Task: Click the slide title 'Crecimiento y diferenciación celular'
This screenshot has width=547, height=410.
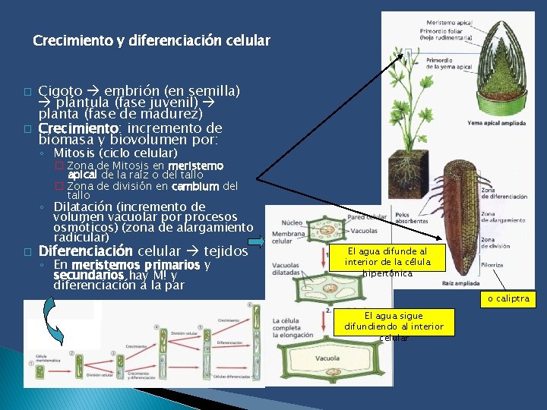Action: [152, 40]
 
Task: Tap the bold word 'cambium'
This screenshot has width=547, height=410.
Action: [195, 186]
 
